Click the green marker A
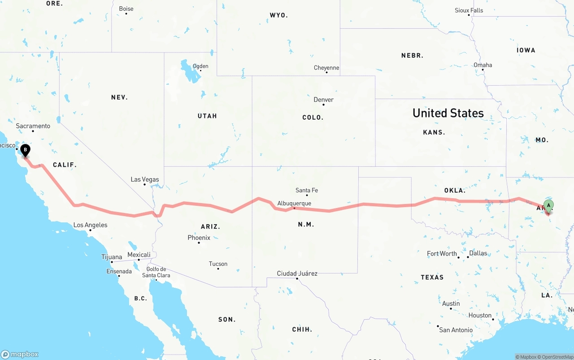coord(548,207)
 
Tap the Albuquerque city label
coord(294,203)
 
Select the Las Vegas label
coord(144,179)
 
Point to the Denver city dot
coord(324,106)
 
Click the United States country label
coord(448,113)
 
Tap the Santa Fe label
coord(307,190)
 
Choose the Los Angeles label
coord(90,225)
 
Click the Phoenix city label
coord(199,238)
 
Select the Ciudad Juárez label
coord(297,273)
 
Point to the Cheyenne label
coord(326,68)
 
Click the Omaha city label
coord(483,65)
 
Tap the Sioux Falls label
coord(469,10)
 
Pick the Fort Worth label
coord(442,253)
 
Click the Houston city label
coord(480,315)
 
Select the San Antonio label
coord(456,330)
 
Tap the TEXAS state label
coord(432,277)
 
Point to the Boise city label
coord(126,9)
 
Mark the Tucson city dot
coord(218,269)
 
